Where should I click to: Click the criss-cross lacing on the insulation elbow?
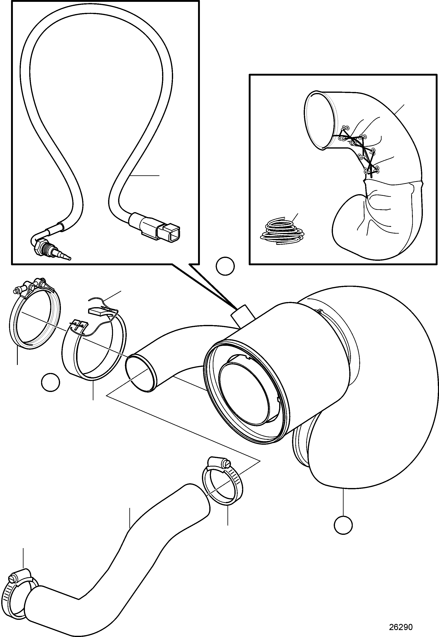click(359, 150)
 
